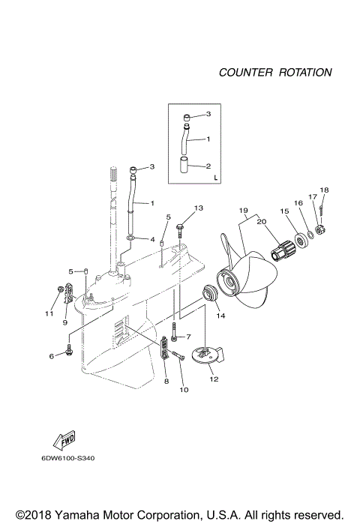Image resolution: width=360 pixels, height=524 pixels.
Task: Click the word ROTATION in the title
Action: point(305,73)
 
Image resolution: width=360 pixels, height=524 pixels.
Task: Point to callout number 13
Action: point(199,207)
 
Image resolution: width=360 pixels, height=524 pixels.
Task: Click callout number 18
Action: point(324,190)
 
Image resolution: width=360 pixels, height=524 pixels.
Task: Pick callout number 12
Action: point(214,379)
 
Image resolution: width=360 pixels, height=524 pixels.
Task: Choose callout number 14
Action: point(220,316)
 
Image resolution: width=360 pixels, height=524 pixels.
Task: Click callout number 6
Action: point(52,355)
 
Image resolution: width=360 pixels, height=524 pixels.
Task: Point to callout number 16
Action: point(298,202)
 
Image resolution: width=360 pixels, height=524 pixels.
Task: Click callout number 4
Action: point(152,240)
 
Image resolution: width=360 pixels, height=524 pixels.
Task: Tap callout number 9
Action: point(65,323)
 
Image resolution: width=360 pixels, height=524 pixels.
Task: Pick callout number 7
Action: point(189,337)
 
